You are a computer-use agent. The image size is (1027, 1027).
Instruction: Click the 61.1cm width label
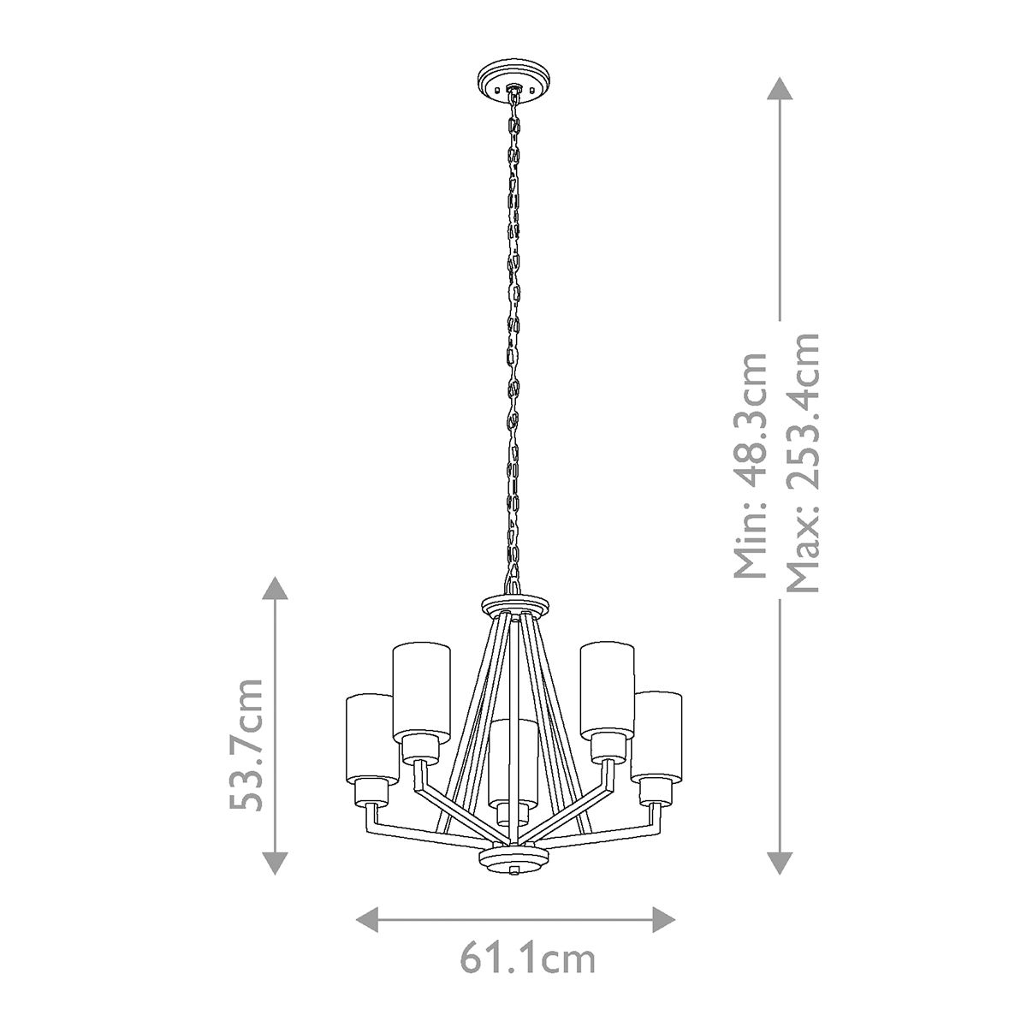[x=527, y=958]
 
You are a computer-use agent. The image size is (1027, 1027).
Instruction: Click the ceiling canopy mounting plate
[x=511, y=80]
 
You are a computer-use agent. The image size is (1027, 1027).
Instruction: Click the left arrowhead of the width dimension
[x=368, y=920]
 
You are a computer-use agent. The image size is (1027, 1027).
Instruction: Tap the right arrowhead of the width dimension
[x=664, y=920]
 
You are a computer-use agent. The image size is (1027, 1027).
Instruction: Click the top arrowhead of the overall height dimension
[x=779, y=90]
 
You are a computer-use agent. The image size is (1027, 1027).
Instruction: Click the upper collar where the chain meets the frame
[x=512, y=603]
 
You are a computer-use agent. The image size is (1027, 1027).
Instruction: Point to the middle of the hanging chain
[x=513, y=334]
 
